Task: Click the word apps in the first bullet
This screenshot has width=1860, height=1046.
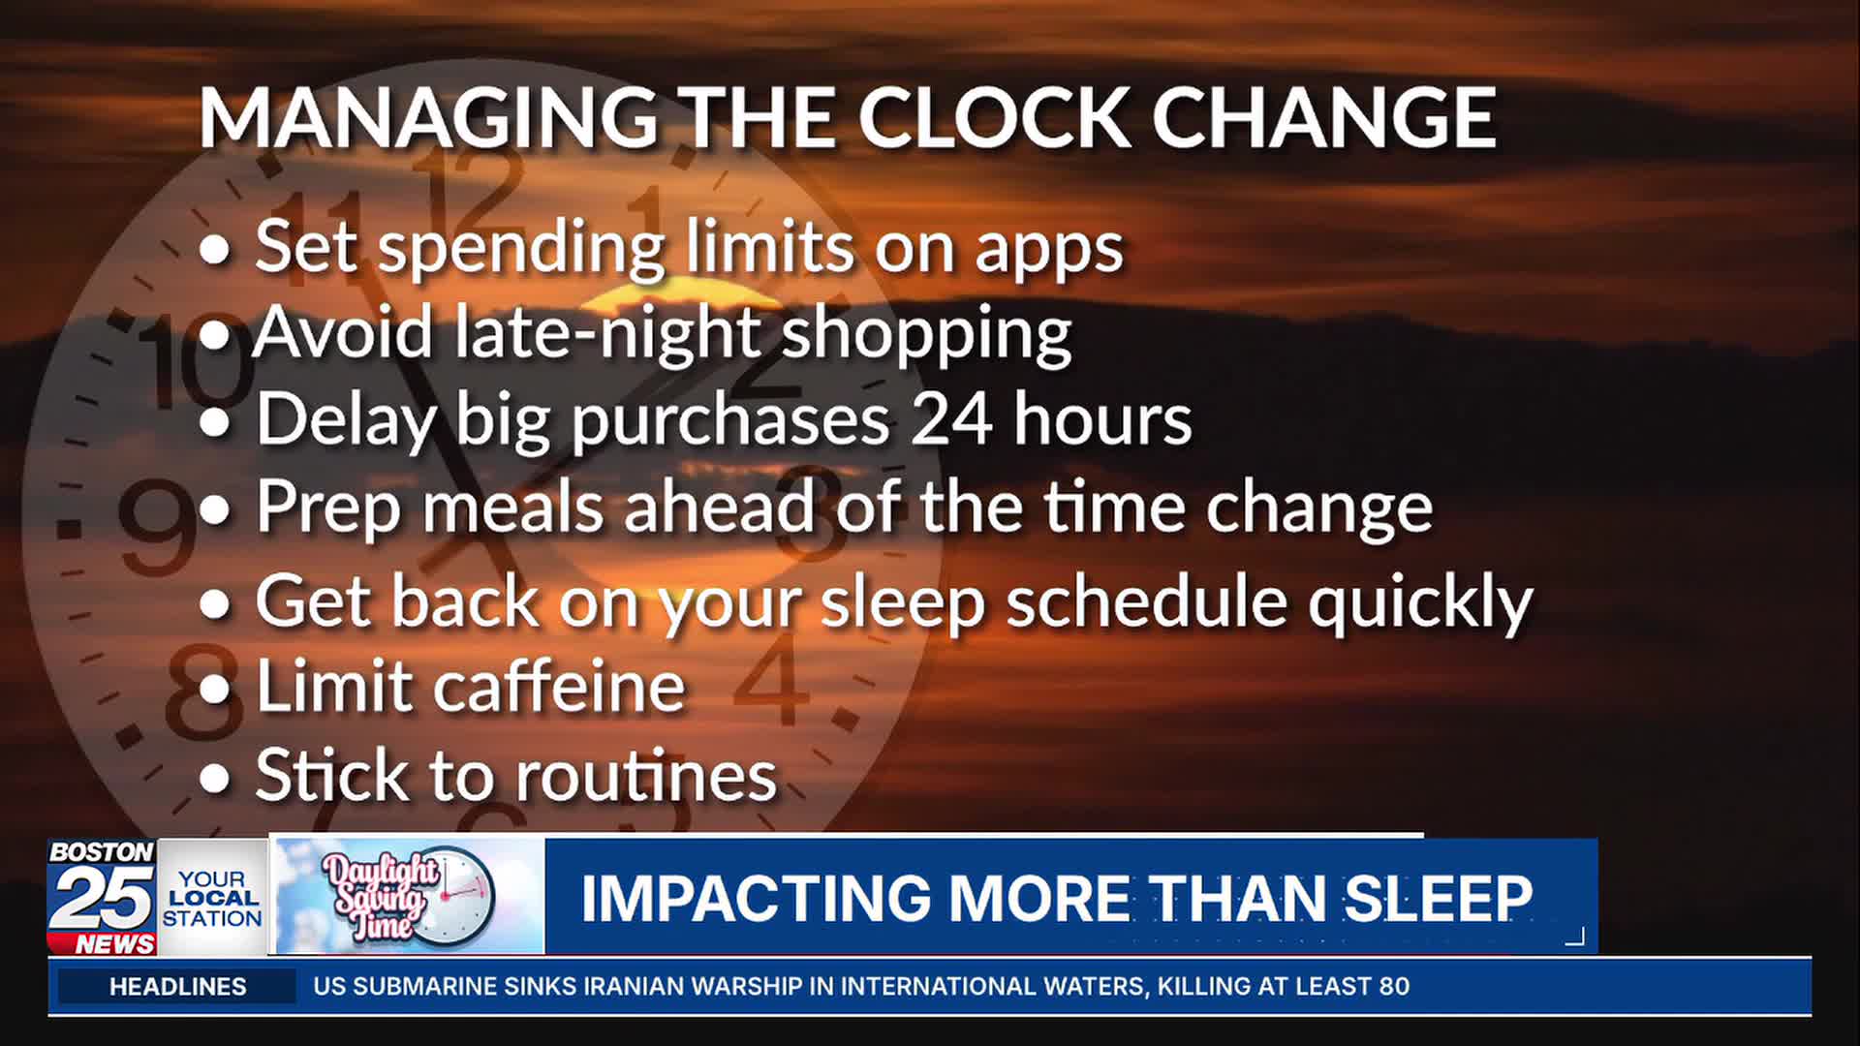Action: pyautogui.click(x=1049, y=250)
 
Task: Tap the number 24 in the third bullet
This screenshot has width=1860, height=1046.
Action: pyautogui.click(x=951, y=419)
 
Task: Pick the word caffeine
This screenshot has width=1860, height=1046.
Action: pyautogui.click(x=559, y=687)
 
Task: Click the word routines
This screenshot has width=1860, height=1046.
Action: pyautogui.click(x=646, y=776)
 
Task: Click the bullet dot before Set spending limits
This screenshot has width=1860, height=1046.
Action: pyautogui.click(x=215, y=250)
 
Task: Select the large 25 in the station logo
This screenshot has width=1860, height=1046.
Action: pyautogui.click(x=102, y=898)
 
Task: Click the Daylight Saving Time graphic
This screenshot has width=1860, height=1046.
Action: pyautogui.click(x=409, y=897)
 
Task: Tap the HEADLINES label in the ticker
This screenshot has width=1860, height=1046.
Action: pyautogui.click(x=178, y=987)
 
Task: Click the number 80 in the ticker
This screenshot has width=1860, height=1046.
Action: pyautogui.click(x=1394, y=987)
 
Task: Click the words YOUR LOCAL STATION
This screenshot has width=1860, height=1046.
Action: pyautogui.click(x=212, y=899)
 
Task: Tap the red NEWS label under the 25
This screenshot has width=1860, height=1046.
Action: pyautogui.click(x=115, y=944)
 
